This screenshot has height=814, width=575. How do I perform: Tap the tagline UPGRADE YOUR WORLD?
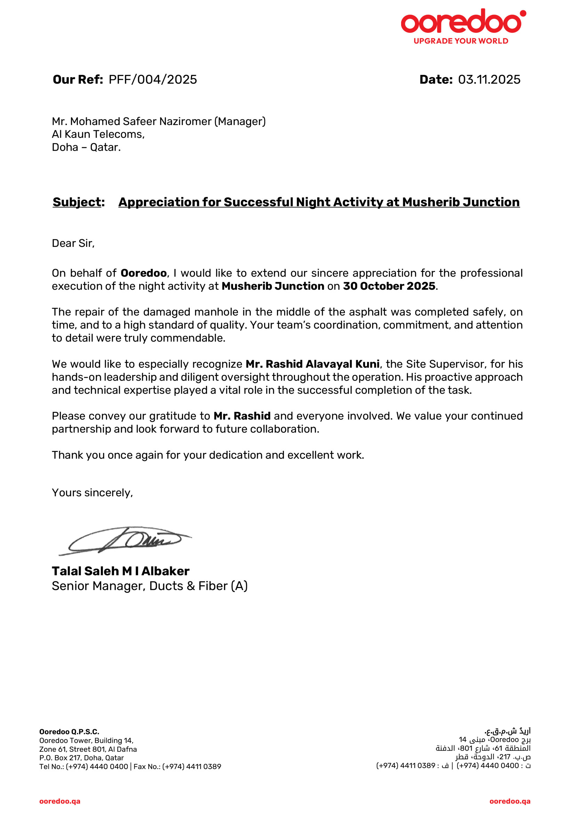coord(461,41)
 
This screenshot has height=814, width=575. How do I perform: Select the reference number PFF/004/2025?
coord(152,79)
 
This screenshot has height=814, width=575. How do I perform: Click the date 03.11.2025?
coord(489,79)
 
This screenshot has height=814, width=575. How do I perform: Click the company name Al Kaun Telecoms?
coord(98,134)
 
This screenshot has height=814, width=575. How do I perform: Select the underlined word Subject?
coord(77,202)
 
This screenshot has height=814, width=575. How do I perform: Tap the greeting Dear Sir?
coord(73,243)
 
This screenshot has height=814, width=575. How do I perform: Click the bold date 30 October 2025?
coord(389,286)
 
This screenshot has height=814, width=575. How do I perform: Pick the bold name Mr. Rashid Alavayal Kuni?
coord(312,364)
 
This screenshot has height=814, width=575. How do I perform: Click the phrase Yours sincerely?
coord(92,493)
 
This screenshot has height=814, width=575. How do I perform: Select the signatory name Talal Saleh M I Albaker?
coord(120,571)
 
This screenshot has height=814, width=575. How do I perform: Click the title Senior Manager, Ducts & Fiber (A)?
coord(150,586)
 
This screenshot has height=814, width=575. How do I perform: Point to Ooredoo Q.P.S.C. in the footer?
coord(69,732)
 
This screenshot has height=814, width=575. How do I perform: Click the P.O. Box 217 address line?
coord(81,758)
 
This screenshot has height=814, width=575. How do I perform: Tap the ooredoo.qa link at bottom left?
coord(59,801)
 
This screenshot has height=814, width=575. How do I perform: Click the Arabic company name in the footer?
coord(507,731)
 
